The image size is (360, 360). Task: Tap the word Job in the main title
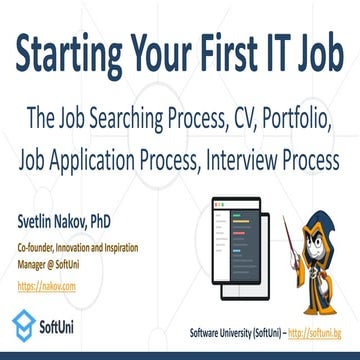point(313,49)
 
